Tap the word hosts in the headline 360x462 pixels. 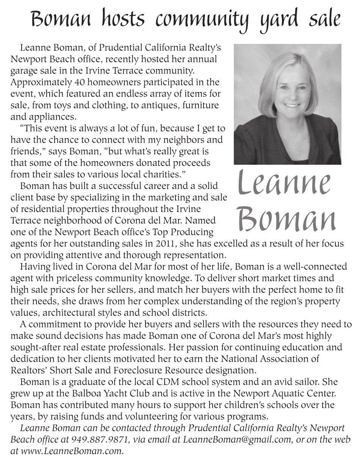pos(124,19)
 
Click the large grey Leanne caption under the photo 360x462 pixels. pos(285,183)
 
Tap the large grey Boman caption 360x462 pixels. pos(286,219)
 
